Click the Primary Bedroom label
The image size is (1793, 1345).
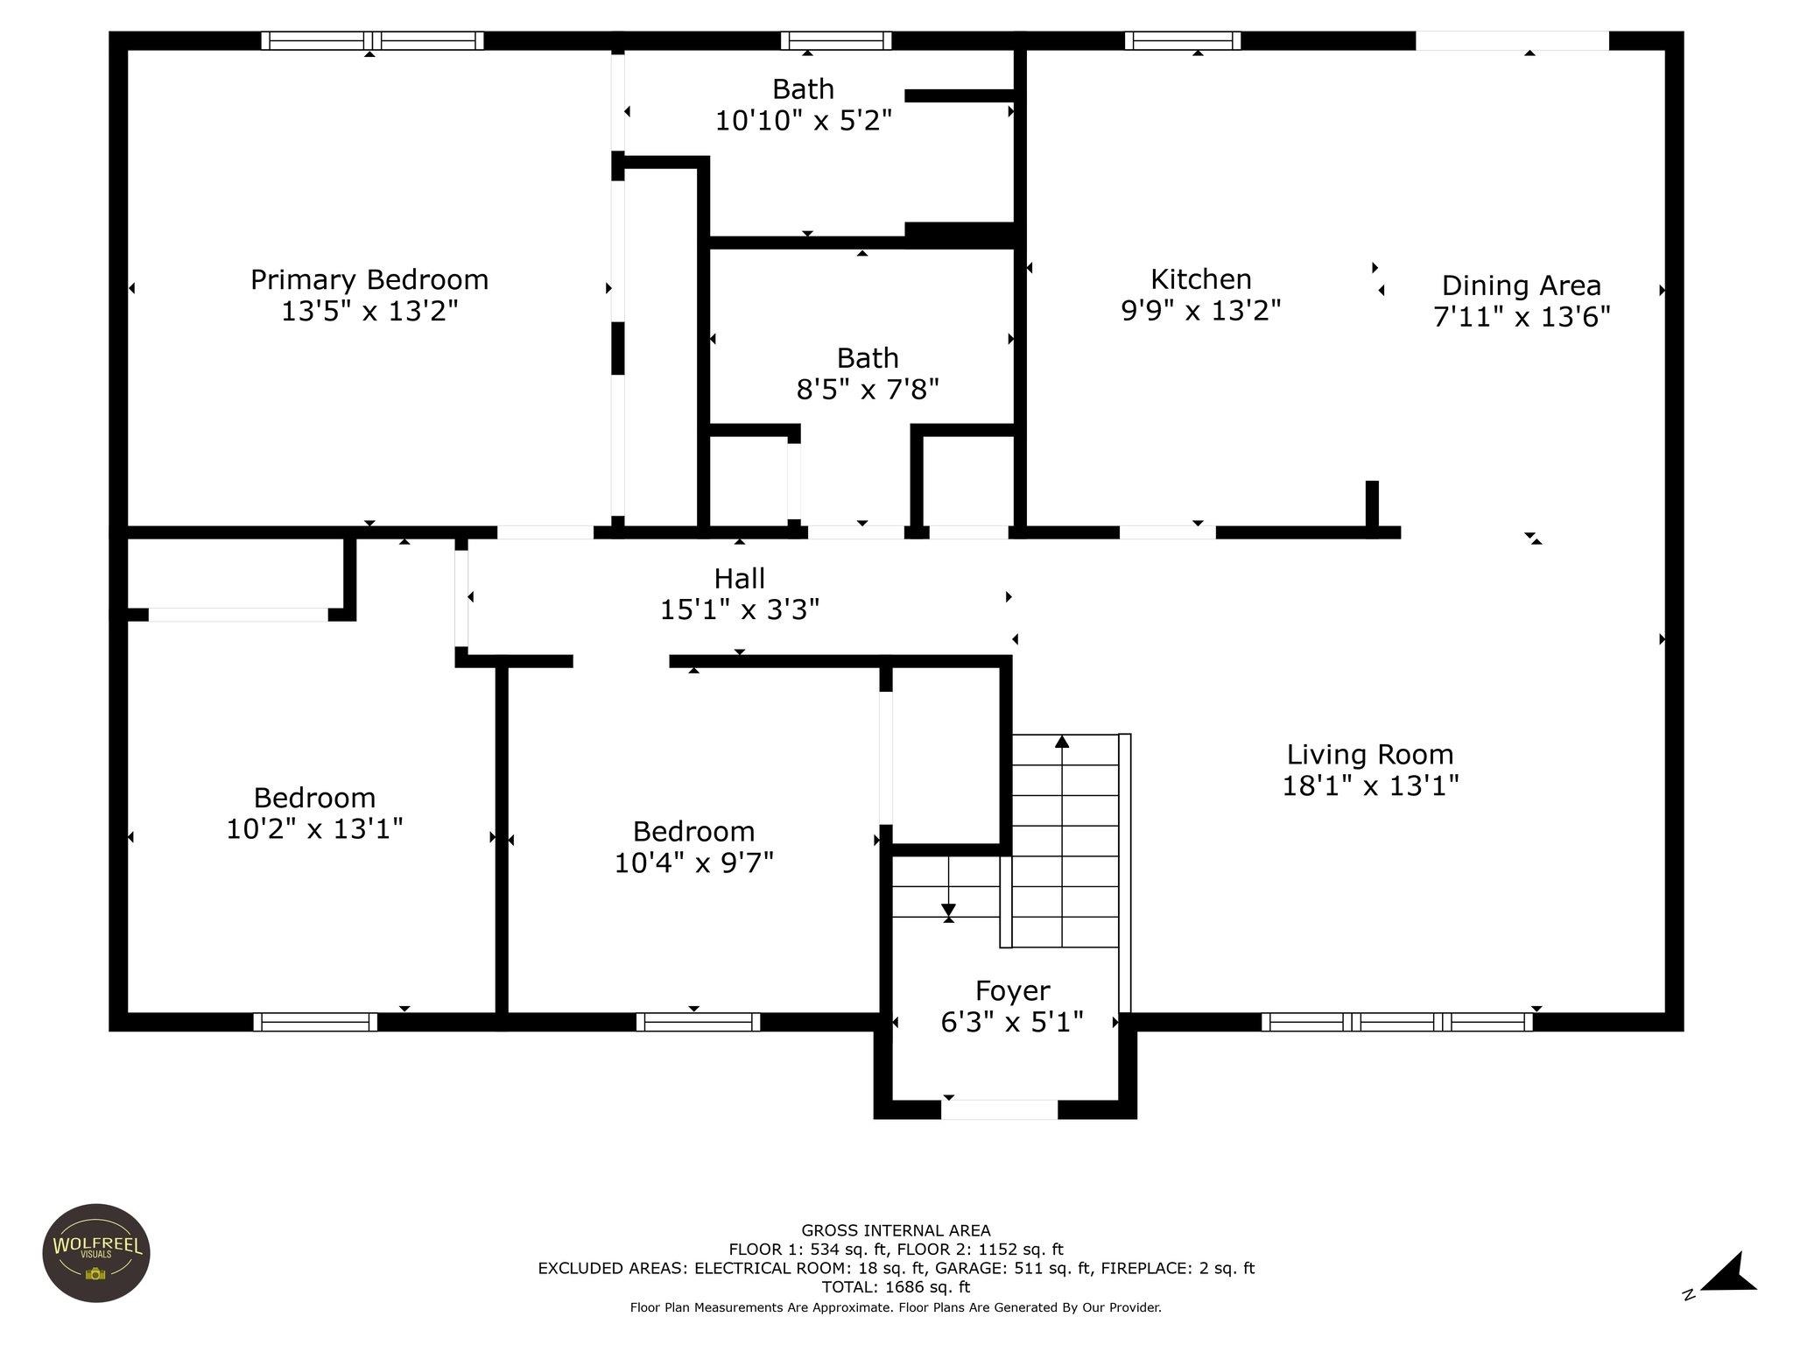tap(369, 280)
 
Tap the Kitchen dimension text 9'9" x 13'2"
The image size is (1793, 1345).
tap(1201, 311)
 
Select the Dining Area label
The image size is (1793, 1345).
tap(1522, 285)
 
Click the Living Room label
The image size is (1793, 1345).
tap(1370, 755)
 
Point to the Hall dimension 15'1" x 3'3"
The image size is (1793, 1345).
tap(740, 609)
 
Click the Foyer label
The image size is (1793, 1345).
tap(1013, 991)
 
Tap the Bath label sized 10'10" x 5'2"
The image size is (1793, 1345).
tap(803, 89)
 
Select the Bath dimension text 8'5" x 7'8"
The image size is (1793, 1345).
tap(868, 389)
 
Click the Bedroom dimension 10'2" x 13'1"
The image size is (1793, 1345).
tap(314, 828)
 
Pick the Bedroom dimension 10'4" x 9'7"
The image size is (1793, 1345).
tap(694, 863)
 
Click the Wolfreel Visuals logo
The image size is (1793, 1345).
tap(96, 1253)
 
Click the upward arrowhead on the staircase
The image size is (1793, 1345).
tap(1062, 742)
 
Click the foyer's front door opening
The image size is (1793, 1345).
tap(1000, 1109)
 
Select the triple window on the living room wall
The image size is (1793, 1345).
tap(1397, 1022)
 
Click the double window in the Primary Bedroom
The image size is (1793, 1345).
tap(373, 40)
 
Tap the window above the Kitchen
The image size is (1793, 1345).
tap(1183, 40)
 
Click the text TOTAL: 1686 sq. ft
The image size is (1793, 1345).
tap(896, 1287)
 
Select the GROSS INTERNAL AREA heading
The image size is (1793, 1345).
tap(896, 1230)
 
